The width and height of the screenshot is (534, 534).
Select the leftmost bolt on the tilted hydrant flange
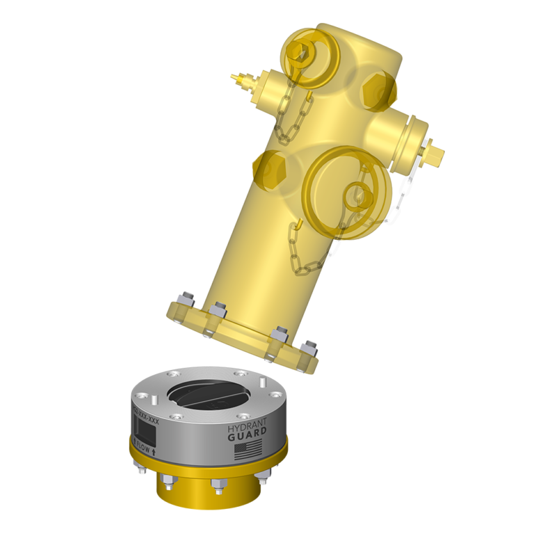[185, 301]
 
